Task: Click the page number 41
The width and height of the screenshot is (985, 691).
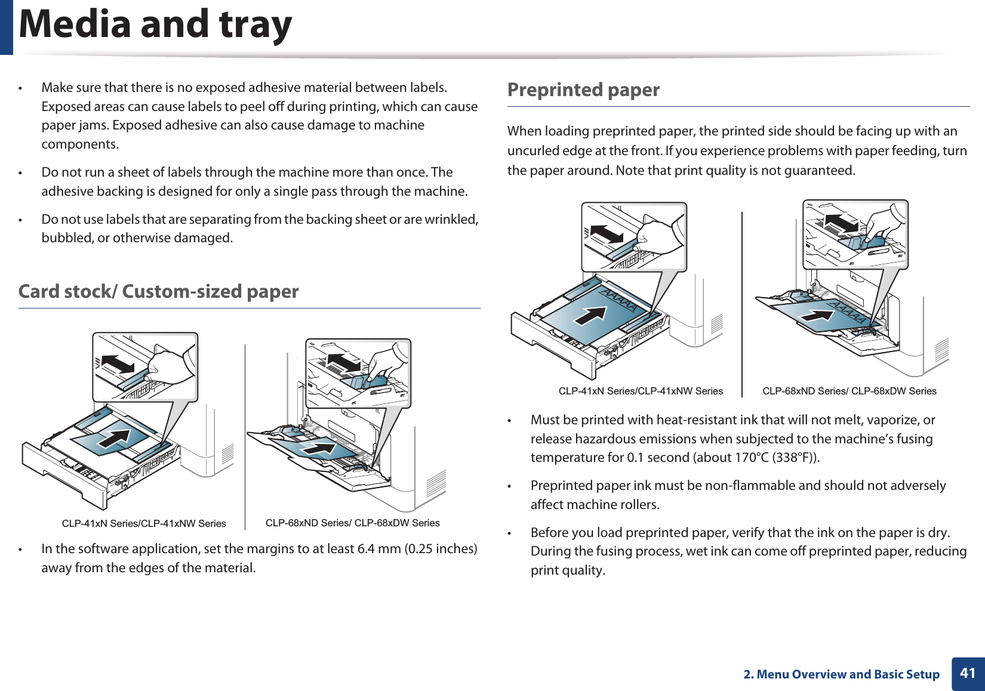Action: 968,673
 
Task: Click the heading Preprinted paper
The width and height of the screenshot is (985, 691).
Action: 583,90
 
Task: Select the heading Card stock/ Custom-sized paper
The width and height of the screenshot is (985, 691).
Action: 158,292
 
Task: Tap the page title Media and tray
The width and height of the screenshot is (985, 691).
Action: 156,25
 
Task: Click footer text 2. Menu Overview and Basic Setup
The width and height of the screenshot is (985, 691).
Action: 841,674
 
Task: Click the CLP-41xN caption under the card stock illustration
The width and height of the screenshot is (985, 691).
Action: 144,523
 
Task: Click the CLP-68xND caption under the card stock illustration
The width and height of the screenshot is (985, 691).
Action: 352,523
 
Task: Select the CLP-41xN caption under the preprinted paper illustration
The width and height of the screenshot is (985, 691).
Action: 641,391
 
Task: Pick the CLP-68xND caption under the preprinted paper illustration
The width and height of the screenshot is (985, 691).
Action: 849,391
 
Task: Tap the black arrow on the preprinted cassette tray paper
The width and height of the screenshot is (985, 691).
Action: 590,315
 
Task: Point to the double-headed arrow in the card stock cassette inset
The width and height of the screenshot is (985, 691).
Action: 118,363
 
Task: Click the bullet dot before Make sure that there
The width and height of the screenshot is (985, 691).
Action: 21,88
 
